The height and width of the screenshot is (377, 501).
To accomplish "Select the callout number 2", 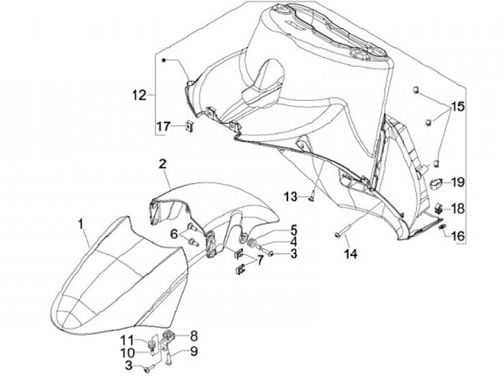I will click(161, 164).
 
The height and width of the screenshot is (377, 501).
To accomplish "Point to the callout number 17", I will click(163, 126).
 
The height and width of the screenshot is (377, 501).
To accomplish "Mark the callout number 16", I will click(456, 236).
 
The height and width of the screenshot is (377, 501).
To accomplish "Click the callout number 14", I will click(350, 255).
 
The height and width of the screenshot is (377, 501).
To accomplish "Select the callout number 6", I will click(175, 233).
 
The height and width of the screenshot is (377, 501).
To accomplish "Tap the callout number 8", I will click(193, 334).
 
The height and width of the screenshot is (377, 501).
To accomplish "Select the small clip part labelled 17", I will click(189, 126).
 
